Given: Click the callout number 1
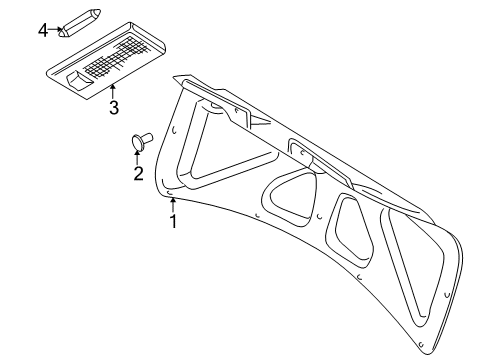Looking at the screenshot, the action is [x=173, y=222].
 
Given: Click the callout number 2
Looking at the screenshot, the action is [x=138, y=173].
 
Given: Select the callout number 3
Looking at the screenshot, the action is [x=114, y=107].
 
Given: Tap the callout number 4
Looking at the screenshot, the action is [x=43, y=31].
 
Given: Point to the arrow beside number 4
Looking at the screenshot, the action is [x=55, y=30].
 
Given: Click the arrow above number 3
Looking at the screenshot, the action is [x=113, y=91].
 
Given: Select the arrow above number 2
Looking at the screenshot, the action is [x=137, y=157].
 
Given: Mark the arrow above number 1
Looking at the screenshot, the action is [x=172, y=205].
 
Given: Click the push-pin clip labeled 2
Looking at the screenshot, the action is [x=142, y=141].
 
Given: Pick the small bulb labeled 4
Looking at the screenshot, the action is [x=80, y=23].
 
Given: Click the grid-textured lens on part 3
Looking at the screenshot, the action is [x=116, y=56].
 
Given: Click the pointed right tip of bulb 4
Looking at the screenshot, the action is [x=101, y=12].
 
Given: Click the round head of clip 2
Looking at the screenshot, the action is [x=137, y=142].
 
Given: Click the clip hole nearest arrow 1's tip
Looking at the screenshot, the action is [x=169, y=193].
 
